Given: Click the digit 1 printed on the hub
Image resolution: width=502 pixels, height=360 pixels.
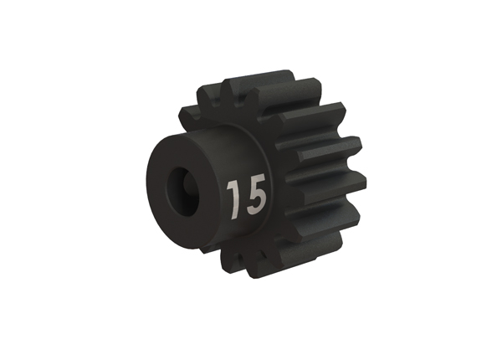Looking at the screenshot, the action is [233, 199].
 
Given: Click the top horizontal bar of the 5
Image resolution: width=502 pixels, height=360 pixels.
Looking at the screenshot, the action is [257, 178].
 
